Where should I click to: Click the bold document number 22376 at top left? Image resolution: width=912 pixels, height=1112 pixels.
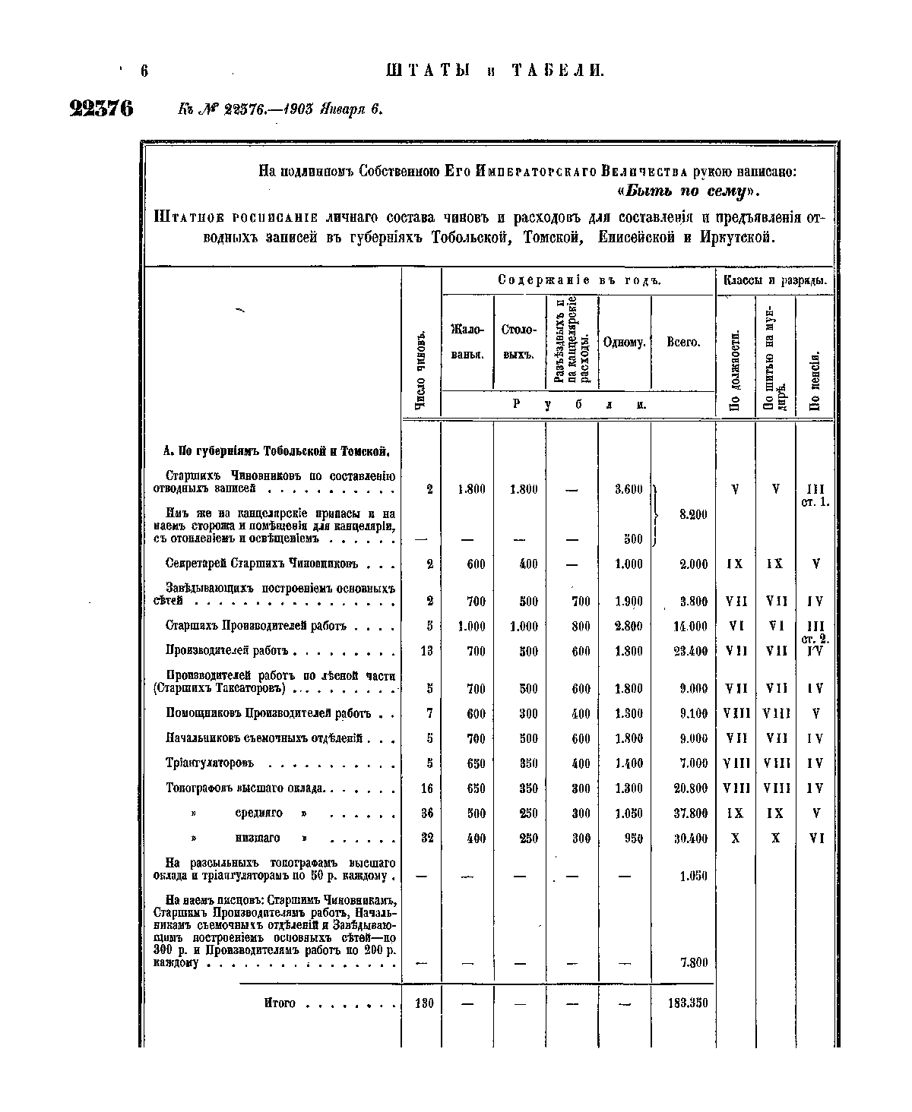[101, 108]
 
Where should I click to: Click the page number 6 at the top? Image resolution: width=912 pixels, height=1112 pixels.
[143, 71]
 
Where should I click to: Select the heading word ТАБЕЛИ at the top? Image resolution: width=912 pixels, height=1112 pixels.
[557, 71]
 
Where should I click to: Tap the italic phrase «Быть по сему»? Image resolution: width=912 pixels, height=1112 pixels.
[689, 189]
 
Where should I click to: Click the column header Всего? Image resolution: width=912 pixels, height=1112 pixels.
[682, 343]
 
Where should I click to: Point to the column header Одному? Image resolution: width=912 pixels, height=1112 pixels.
[624, 343]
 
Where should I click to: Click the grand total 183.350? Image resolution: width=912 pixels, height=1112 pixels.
[686, 1003]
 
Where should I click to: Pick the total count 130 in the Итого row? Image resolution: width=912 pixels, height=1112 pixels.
[423, 1003]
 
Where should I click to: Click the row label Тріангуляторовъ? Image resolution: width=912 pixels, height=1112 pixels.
[210, 763]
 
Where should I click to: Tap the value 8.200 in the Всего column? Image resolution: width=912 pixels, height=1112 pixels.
[692, 514]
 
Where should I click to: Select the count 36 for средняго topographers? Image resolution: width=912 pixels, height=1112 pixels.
[426, 813]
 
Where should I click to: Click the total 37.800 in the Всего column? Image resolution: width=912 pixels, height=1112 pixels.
[690, 813]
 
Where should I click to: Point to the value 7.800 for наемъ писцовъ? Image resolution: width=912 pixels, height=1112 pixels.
[693, 962]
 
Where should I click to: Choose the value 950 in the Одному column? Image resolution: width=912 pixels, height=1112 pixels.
[633, 838]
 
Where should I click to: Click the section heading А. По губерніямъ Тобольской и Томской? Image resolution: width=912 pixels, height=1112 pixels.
[277, 451]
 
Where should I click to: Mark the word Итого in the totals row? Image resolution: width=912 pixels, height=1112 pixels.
[279, 1003]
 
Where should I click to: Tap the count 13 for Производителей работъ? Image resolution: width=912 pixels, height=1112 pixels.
[426, 651]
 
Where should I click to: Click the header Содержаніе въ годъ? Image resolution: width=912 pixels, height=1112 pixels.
[579, 280]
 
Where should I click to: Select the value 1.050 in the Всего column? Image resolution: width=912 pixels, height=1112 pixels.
[693, 876]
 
